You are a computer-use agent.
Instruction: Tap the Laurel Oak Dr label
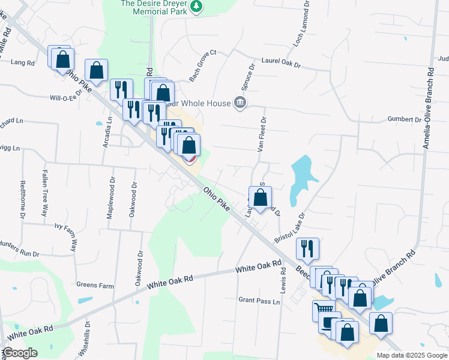(x=280, y=61)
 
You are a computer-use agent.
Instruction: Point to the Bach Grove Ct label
(x=202, y=66)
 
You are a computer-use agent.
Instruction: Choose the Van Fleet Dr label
(x=262, y=135)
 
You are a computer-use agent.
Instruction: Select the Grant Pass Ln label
(x=259, y=300)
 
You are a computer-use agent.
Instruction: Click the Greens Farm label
(x=95, y=286)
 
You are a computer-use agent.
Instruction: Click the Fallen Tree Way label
(x=44, y=193)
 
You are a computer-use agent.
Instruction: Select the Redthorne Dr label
(x=23, y=199)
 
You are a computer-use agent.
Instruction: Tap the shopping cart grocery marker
(x=323, y=310)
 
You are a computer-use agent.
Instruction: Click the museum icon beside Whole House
(x=240, y=103)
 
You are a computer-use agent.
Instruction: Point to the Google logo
(x=20, y=353)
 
